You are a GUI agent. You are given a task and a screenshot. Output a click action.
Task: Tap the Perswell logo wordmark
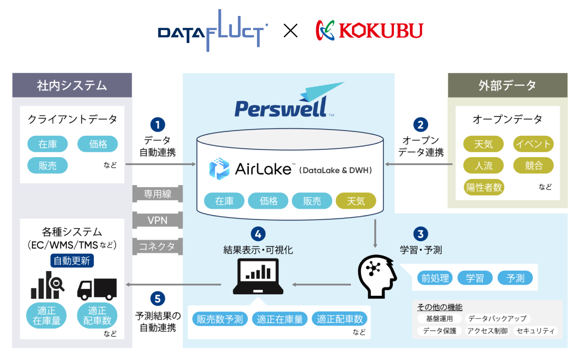click(x=280, y=107)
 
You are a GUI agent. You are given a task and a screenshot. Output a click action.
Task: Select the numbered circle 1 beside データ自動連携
click(x=158, y=125)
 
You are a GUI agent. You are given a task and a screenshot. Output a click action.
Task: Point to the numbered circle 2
click(x=420, y=125)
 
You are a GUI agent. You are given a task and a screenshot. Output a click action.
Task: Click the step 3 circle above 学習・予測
click(x=420, y=234)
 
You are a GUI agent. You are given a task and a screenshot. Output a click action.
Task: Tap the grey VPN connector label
click(x=158, y=220)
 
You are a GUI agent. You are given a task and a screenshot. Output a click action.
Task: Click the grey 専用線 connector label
click(x=158, y=194)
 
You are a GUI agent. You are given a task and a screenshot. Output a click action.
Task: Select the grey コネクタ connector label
click(x=158, y=246)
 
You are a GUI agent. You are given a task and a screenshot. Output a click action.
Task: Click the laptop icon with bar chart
click(x=258, y=277)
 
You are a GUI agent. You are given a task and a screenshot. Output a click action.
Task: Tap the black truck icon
click(x=97, y=289)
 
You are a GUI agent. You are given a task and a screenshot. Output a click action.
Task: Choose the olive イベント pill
click(x=533, y=144)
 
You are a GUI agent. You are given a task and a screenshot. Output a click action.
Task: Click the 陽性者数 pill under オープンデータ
click(x=484, y=187)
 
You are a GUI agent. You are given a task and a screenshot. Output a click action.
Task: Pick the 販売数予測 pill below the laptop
click(x=220, y=319)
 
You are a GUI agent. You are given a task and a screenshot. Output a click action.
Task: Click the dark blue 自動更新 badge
click(x=72, y=261)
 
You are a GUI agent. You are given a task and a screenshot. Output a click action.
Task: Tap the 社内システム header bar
click(x=72, y=86)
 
